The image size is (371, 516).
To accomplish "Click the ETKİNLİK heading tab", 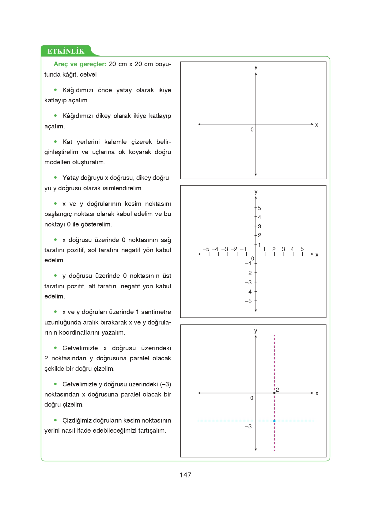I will pyautogui.click(x=66, y=51).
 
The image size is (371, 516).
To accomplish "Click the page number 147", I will pyautogui.click(x=185, y=475).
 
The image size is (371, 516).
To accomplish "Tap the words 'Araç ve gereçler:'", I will pyautogui.click(x=80, y=64).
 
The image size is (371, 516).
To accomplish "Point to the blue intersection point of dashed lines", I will pyautogui.click(x=274, y=421).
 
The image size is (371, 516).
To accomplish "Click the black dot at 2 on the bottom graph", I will pyautogui.click(x=274, y=393).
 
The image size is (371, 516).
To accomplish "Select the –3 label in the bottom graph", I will pyautogui.click(x=248, y=427).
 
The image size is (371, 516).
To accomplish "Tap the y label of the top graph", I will pyautogui.click(x=256, y=67).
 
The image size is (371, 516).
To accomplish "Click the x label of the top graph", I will pyautogui.click(x=316, y=125).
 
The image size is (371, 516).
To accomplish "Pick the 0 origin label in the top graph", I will pyautogui.click(x=252, y=130).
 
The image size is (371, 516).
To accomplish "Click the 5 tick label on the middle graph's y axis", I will pyautogui.click(x=259, y=208).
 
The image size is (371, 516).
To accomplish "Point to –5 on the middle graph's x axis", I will pyautogui.click(x=206, y=249).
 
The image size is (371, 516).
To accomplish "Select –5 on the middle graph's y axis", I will pyautogui.click(x=248, y=301).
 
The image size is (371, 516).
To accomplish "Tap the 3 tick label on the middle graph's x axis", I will pyautogui.click(x=283, y=249).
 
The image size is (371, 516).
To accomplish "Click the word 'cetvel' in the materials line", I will pyautogui.click(x=88, y=74).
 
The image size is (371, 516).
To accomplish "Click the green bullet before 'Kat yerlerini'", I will pyautogui.click(x=55, y=142).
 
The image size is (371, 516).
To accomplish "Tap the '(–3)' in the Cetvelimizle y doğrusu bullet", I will pyautogui.click(x=165, y=384).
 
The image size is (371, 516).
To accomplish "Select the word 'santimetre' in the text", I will pyautogui.click(x=156, y=312).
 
